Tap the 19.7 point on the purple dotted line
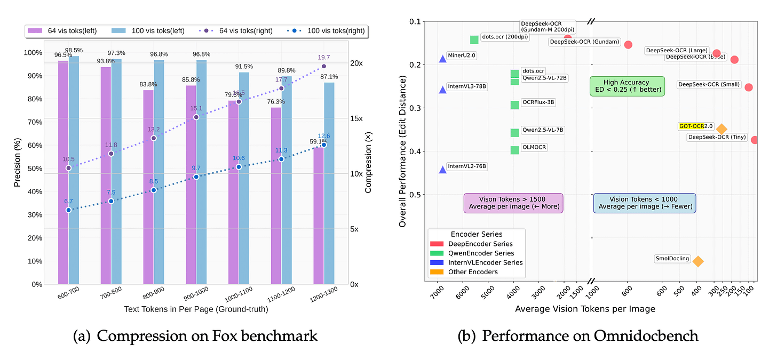coord(324,66)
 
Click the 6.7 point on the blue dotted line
coord(68,210)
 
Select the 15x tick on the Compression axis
coord(356,118)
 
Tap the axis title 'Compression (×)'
coord(368,163)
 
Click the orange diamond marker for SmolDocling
coord(697,261)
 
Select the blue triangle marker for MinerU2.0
coord(442,59)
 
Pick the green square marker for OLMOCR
coord(514,150)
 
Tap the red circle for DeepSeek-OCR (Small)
coord(749,87)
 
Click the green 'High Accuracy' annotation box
coord(627,86)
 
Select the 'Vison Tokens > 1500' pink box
coord(514,203)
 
